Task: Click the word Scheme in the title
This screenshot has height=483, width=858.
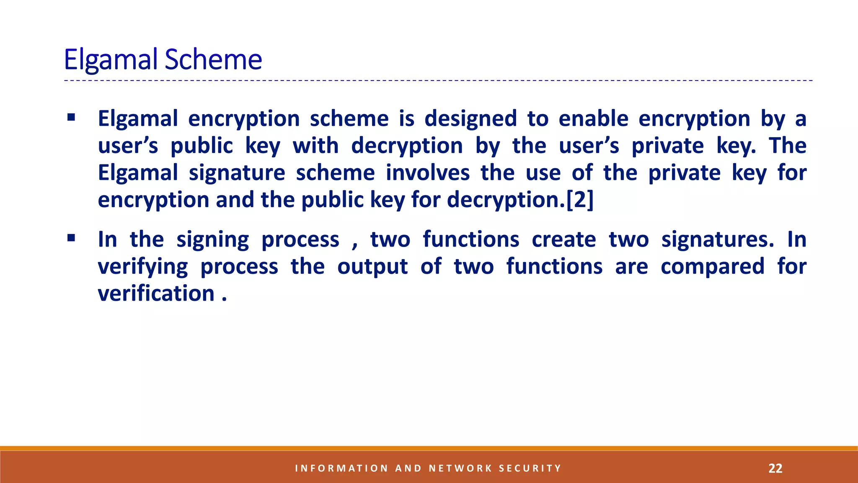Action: [213, 60]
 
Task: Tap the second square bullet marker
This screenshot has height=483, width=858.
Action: [71, 238]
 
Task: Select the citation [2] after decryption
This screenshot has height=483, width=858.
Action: [580, 200]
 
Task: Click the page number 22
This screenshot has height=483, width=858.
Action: [775, 468]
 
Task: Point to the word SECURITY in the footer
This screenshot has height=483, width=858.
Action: [530, 468]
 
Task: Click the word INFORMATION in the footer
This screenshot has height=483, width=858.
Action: [341, 468]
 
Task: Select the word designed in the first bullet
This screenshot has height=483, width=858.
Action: [470, 119]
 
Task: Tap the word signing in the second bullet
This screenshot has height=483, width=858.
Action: [212, 240]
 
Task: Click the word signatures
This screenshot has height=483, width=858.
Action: [717, 239]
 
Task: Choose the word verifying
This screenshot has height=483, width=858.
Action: [142, 267]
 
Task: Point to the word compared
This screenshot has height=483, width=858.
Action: [712, 267]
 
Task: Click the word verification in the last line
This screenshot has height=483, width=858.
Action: [156, 293]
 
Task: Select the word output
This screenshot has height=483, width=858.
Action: [372, 267]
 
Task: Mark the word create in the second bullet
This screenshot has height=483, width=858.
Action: [563, 239]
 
